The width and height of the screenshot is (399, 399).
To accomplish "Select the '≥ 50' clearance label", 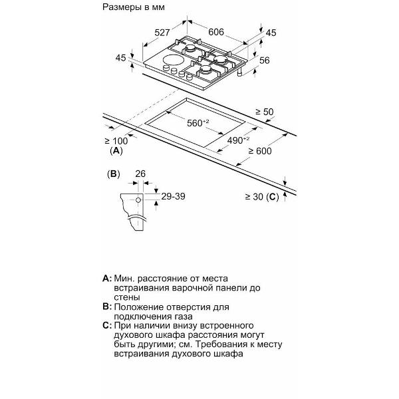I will (x=265, y=112).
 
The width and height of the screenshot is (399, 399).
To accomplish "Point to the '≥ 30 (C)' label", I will (x=262, y=196).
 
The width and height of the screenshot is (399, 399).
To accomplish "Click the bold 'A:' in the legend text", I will (x=106, y=277).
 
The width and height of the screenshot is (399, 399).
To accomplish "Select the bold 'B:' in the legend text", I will (x=106, y=308).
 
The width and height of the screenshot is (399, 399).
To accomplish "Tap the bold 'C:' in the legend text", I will (x=106, y=326).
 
